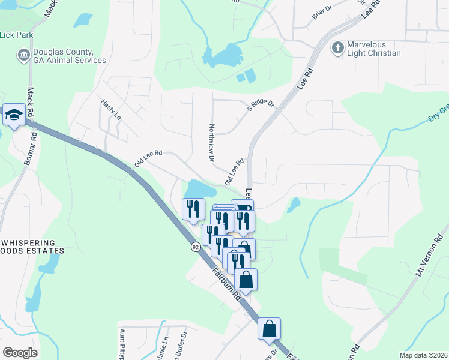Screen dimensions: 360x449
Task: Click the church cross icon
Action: (x=338, y=47)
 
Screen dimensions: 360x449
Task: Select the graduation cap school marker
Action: (x=13, y=115)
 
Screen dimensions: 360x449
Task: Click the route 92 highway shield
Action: (x=196, y=247)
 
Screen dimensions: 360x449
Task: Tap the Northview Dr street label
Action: (x=211, y=142)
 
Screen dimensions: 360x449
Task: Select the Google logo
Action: (x=20, y=353)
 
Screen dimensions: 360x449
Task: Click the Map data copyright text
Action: (x=423, y=355)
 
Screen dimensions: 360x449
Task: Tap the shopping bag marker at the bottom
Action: (x=270, y=328)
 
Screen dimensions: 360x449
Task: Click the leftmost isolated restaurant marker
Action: (x=193, y=209)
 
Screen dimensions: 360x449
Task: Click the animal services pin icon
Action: (x=23, y=56)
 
